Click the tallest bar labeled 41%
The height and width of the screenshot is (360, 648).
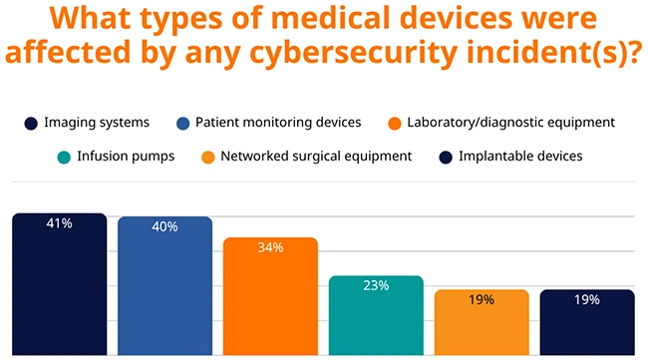tap(59, 284)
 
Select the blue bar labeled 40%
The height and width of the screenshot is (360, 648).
tap(164, 286)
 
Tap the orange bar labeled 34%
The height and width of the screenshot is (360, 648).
tap(270, 296)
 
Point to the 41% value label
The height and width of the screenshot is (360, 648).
tap(59, 223)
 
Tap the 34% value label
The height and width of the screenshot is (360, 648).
tap(270, 247)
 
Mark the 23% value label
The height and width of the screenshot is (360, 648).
tap(376, 285)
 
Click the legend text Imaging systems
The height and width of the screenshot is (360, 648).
tap(97, 123)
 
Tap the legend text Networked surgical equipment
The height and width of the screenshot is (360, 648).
tap(316, 156)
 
